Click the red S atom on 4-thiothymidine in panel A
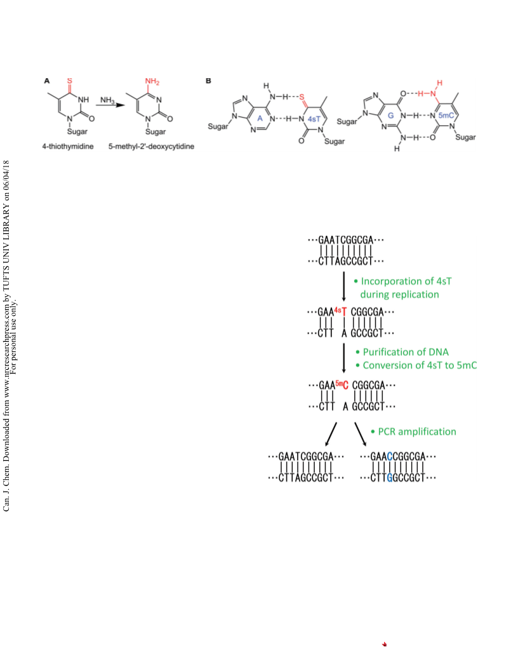pyautogui.click(x=70, y=81)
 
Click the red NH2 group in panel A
pyautogui.click(x=152, y=81)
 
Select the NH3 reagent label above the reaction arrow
pyautogui.click(x=107, y=100)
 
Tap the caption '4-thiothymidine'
pyautogui.click(x=68, y=146)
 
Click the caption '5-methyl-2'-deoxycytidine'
pyautogui.click(x=151, y=146)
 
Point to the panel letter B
pyautogui.click(x=209, y=81)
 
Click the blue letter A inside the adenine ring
pyautogui.click(x=260, y=119)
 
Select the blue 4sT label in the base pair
pyautogui.click(x=314, y=119)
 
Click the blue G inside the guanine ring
pyautogui.click(x=390, y=116)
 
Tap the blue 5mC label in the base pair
pyautogui.click(x=446, y=116)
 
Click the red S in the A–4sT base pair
pyautogui.click(x=302, y=97)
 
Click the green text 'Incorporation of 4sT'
pyautogui.click(x=406, y=281)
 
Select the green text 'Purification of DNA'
pyautogui.click(x=406, y=352)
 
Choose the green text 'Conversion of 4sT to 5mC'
pyautogui.click(x=420, y=365)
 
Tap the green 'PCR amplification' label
pyautogui.click(x=416, y=431)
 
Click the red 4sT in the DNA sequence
pyautogui.click(x=341, y=311)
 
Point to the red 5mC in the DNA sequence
pyautogui.click(x=342, y=384)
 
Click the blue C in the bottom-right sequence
pyautogui.click(x=389, y=457)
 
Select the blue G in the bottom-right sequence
pyautogui.click(x=389, y=478)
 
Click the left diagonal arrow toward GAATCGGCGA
pyautogui.click(x=331, y=435)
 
